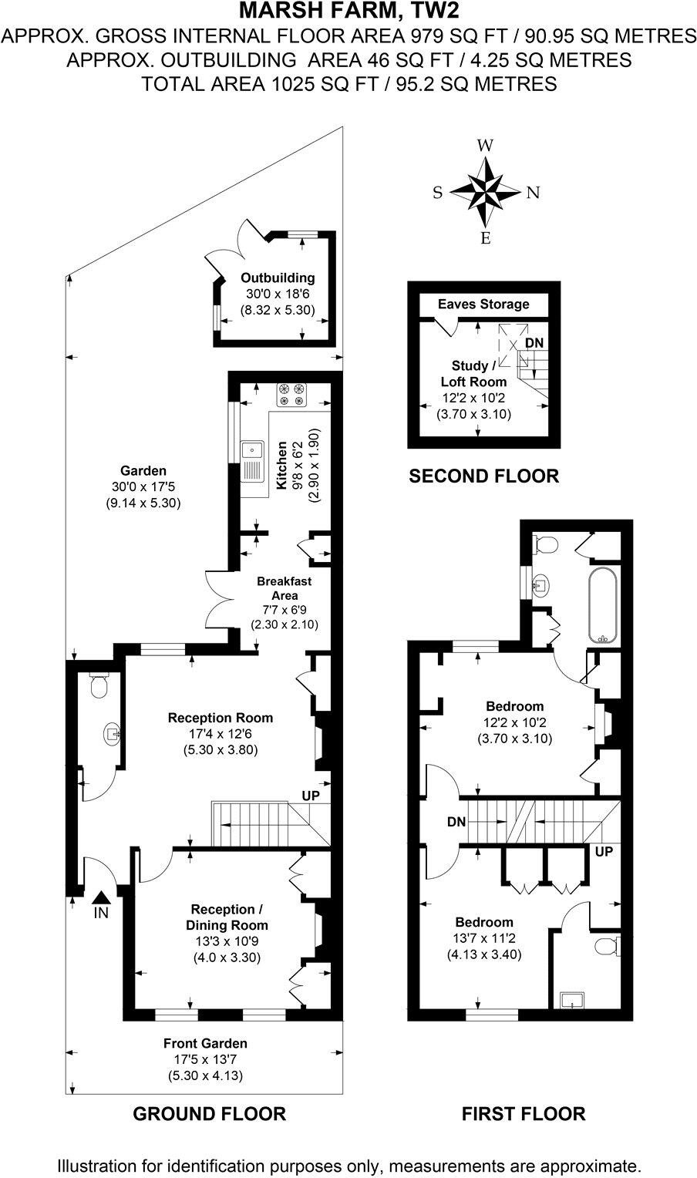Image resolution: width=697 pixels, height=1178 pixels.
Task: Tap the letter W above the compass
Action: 485,146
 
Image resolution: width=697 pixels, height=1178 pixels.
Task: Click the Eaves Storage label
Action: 483,304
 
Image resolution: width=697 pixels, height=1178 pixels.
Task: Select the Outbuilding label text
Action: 278,278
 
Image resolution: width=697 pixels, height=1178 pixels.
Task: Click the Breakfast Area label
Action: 285,588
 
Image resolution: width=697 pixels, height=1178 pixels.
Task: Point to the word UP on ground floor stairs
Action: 311,795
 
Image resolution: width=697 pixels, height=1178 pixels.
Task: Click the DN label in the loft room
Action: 534,342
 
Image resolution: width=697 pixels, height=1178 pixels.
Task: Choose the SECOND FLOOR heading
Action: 483,476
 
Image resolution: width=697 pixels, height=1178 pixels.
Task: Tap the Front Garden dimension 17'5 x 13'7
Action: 205,1059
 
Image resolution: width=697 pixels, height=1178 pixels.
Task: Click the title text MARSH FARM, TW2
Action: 348,12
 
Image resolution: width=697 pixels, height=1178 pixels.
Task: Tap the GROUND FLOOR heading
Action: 210,1113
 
